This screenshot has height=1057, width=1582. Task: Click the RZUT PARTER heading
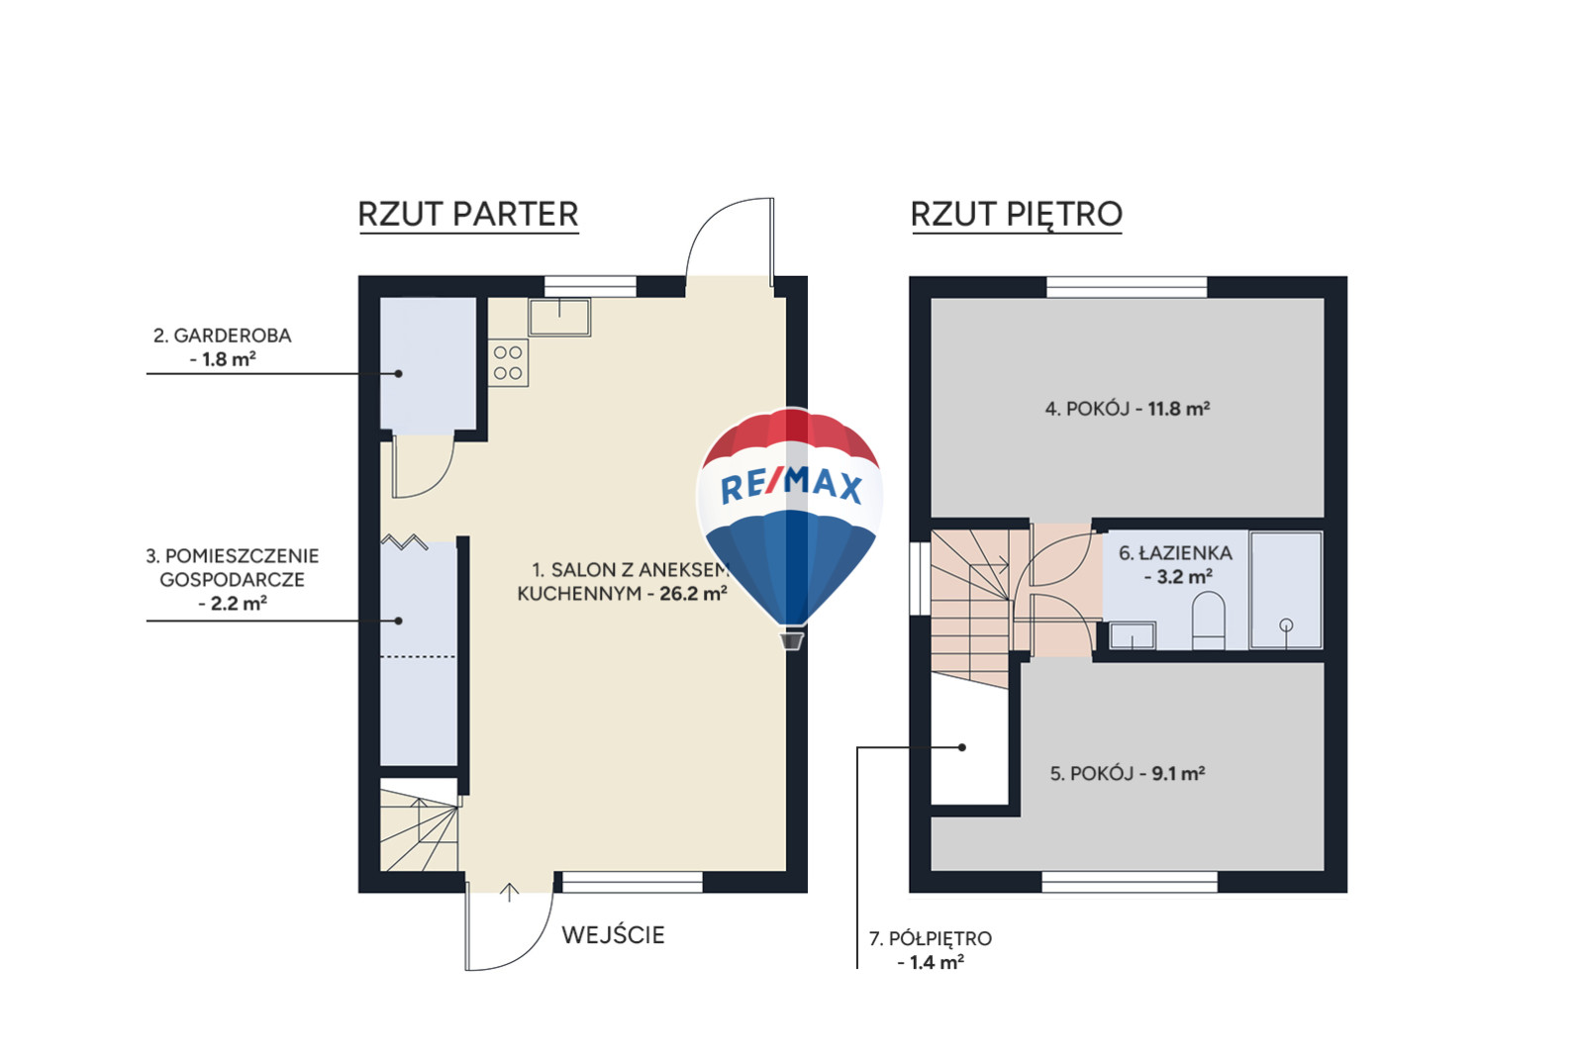point(468,214)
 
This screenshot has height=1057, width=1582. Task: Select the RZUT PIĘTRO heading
point(1017,215)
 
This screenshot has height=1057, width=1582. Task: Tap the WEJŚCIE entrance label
point(613,935)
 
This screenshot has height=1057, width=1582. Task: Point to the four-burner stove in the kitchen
point(508,363)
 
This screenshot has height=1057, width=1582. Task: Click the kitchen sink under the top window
point(560,317)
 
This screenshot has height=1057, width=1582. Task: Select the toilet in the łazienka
point(1209,621)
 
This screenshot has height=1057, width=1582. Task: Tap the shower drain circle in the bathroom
point(1286,625)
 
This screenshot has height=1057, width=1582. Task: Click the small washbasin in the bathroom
point(1133,635)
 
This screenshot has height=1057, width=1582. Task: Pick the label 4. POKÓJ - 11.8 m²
point(1128,409)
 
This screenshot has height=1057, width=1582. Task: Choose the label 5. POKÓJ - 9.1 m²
point(1128,774)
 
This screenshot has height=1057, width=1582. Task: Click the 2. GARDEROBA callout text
point(223,346)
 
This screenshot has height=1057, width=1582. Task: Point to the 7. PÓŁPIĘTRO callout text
point(931,950)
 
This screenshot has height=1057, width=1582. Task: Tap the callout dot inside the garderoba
point(398,373)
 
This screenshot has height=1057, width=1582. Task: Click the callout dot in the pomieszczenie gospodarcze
point(398,621)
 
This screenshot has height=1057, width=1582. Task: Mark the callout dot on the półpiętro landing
point(962,747)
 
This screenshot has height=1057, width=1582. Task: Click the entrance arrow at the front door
point(509,893)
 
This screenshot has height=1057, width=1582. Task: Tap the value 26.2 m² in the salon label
point(693,593)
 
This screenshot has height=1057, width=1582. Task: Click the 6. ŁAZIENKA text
point(1175,553)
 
